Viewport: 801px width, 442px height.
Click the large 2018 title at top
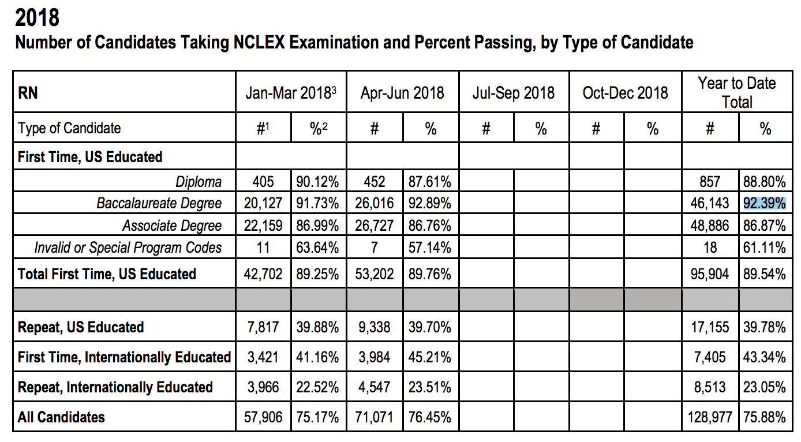(37, 18)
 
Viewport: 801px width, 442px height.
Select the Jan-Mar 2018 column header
(291, 92)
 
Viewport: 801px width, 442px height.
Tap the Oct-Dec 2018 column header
(625, 92)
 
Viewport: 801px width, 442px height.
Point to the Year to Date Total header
(737, 92)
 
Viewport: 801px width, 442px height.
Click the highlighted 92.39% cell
(765, 203)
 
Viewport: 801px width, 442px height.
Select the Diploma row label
(199, 182)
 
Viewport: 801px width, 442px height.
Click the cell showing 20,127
(263, 203)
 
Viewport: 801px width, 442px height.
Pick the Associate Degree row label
(171, 225)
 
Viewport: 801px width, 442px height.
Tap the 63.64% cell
(317, 248)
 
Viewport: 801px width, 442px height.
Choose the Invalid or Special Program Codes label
(128, 248)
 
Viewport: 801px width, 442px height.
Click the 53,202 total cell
(374, 274)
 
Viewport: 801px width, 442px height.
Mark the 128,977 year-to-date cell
(709, 417)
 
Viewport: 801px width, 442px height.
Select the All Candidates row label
(61, 417)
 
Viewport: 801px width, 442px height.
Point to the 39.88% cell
(317, 327)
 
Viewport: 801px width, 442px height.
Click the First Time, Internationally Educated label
(124, 357)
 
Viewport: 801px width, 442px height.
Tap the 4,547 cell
(374, 387)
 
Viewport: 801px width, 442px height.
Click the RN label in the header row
(28, 92)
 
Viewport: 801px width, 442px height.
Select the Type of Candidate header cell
(69, 128)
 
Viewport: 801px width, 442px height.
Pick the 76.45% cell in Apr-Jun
(430, 417)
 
